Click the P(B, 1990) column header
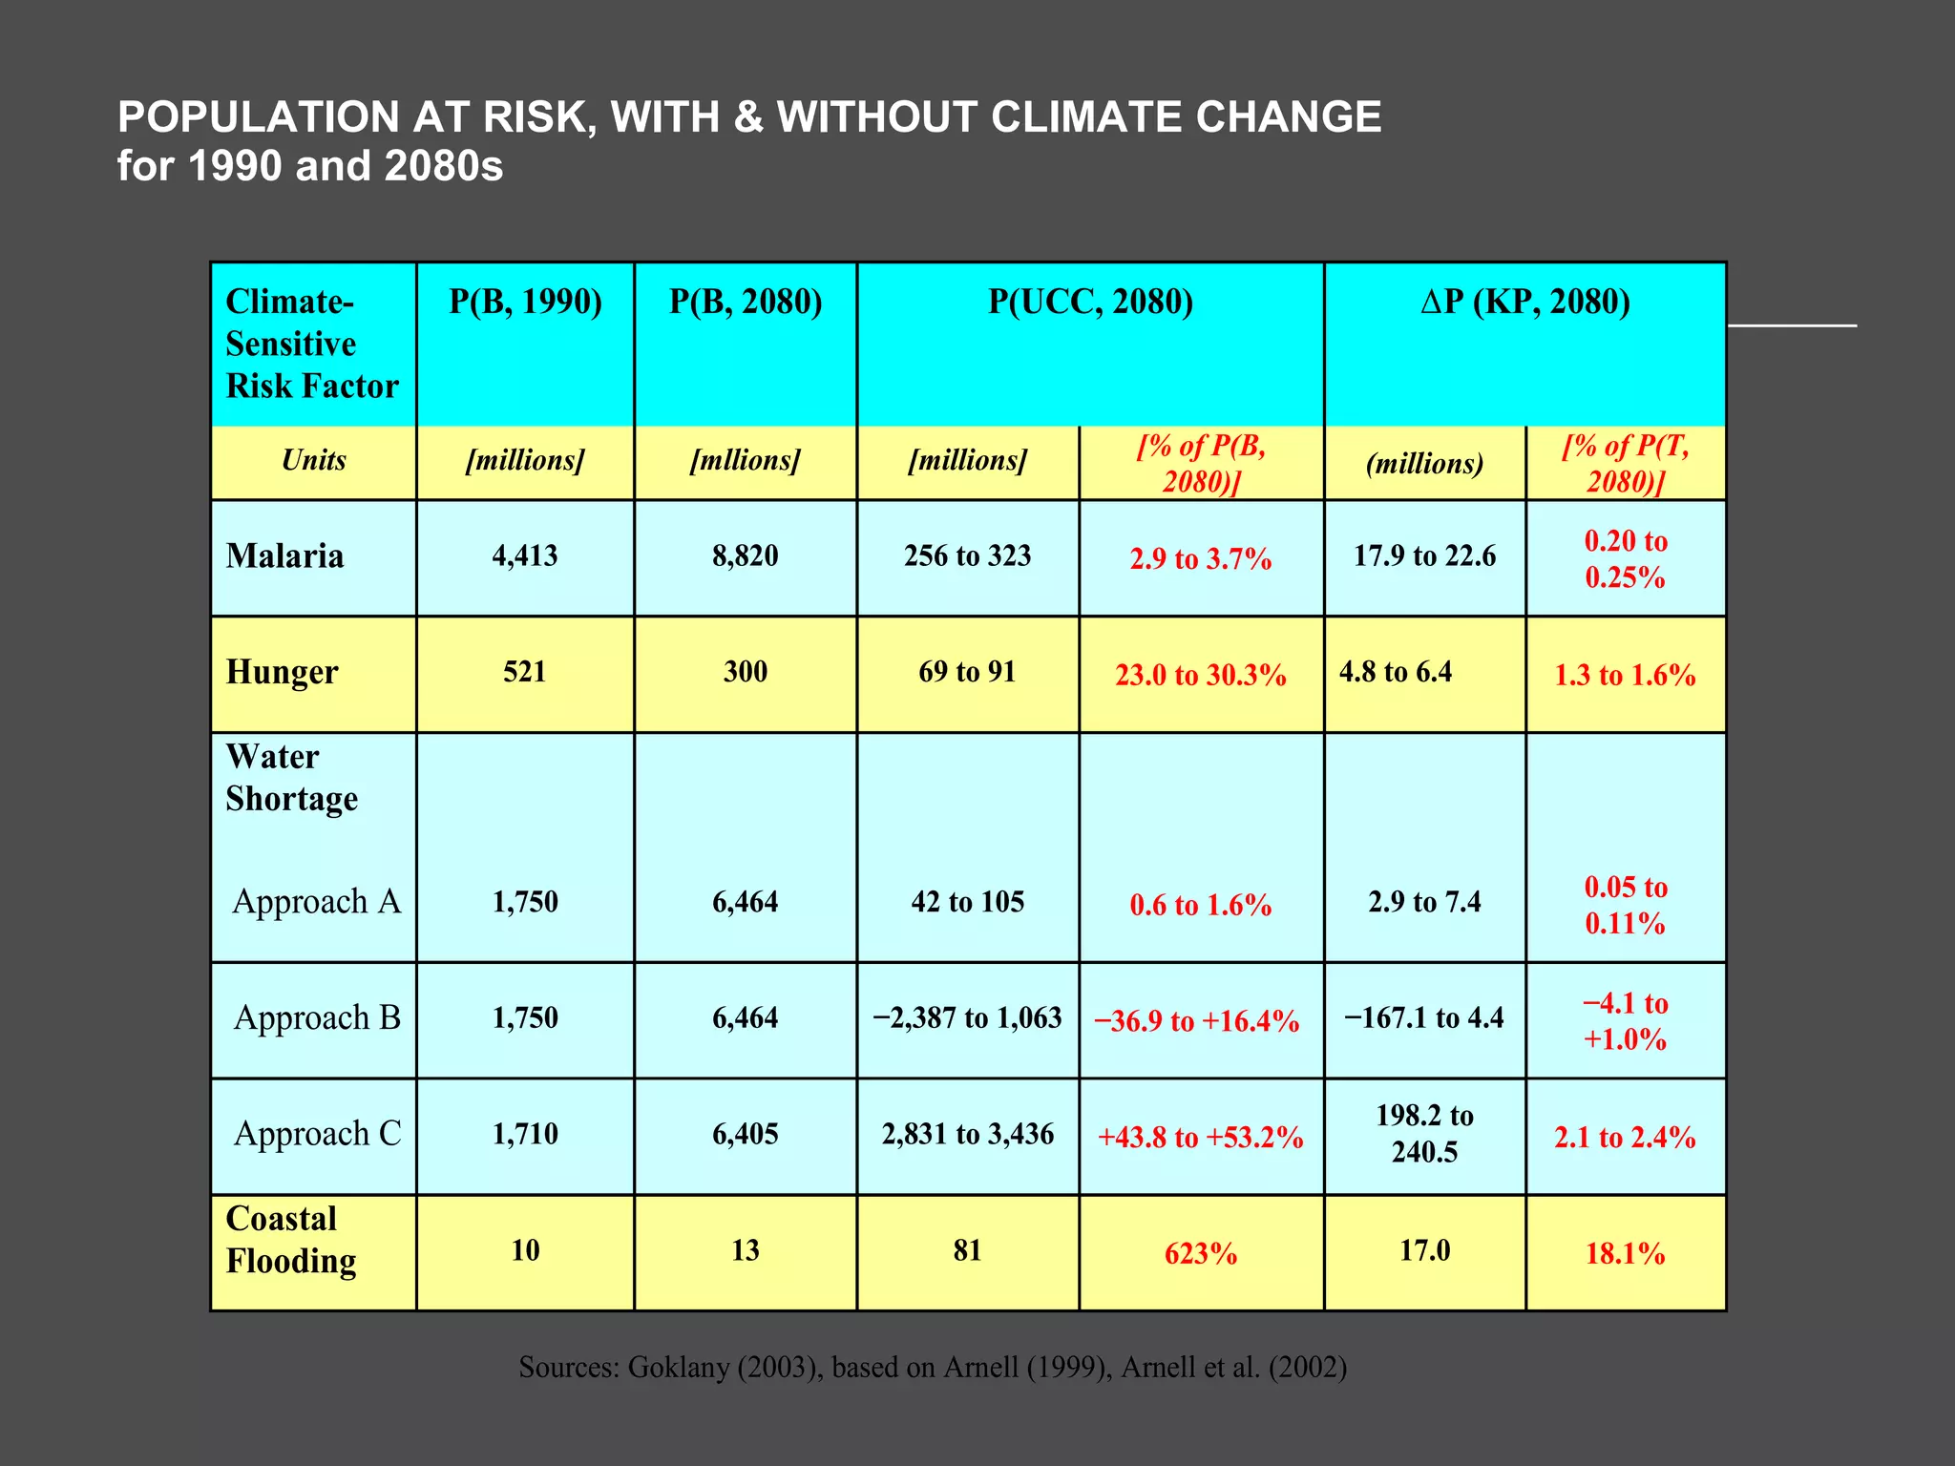[525, 303]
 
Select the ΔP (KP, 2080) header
[1524, 303]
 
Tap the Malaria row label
[284, 556]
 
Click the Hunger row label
[282, 673]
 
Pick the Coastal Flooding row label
[290, 1240]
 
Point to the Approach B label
[317, 1018]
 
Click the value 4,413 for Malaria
[524, 556]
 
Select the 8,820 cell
[745, 556]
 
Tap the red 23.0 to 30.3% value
[1200, 676]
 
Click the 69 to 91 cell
[967, 673]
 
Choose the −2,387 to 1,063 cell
[967, 1018]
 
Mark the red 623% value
[1200, 1254]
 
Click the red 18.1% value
[1625, 1254]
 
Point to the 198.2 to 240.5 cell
[1424, 1134]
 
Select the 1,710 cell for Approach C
[524, 1135]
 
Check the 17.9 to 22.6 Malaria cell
[1424, 556]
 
